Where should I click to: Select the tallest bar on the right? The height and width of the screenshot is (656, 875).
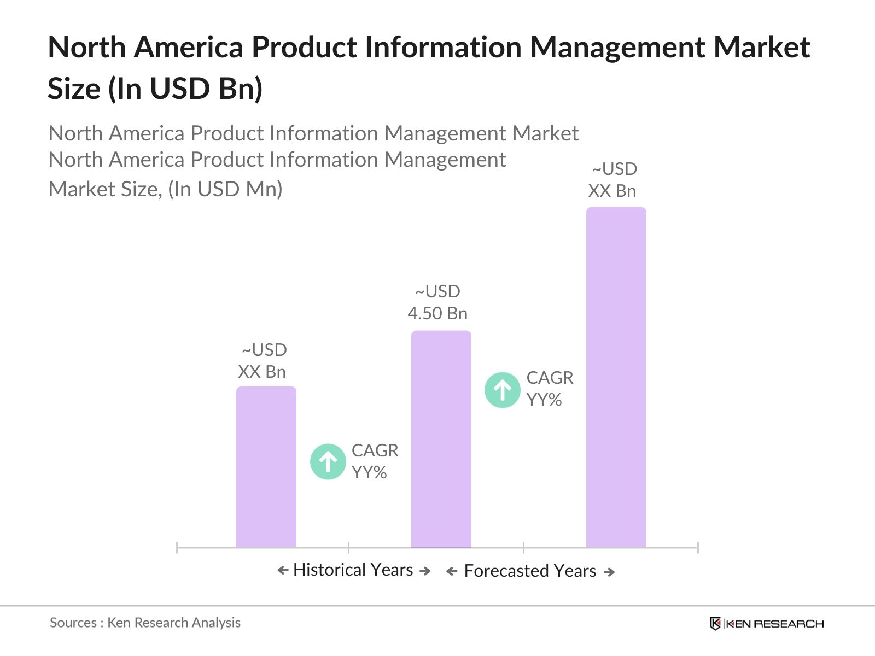pyautogui.click(x=616, y=377)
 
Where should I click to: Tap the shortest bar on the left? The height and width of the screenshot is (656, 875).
pyautogui.click(x=266, y=467)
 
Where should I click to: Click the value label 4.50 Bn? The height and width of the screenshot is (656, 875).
pyautogui.click(x=437, y=313)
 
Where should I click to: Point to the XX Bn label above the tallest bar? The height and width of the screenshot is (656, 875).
pyautogui.click(x=612, y=191)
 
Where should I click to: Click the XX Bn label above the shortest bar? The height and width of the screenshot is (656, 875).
pyautogui.click(x=262, y=372)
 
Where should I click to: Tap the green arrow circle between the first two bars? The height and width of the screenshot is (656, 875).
pyautogui.click(x=328, y=461)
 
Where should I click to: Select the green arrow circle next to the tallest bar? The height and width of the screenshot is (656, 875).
pyautogui.click(x=502, y=390)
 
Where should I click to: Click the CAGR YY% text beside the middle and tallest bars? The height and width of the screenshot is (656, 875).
pyautogui.click(x=549, y=389)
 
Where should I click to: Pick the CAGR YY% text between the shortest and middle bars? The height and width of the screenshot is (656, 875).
pyautogui.click(x=375, y=461)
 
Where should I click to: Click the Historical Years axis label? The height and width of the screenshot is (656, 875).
pyautogui.click(x=353, y=570)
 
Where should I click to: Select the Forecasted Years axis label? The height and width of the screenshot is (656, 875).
pyautogui.click(x=530, y=571)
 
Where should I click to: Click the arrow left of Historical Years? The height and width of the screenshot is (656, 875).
pyautogui.click(x=283, y=571)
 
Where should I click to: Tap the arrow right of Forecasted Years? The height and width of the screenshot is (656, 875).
pyautogui.click(x=609, y=572)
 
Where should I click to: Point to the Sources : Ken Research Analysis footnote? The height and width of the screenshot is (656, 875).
pyautogui.click(x=145, y=623)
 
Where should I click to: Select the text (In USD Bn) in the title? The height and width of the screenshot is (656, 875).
pyautogui.click(x=185, y=89)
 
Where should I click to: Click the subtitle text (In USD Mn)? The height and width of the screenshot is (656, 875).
pyautogui.click(x=225, y=189)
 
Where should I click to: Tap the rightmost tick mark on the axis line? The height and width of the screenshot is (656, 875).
pyautogui.click(x=697, y=547)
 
